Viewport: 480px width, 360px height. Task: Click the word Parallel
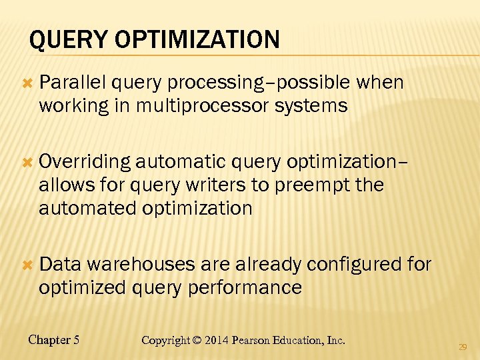(x=73, y=83)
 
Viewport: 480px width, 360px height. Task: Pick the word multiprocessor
(x=222, y=106)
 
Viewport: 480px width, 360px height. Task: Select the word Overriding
(x=85, y=161)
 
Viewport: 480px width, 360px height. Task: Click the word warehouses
(x=141, y=265)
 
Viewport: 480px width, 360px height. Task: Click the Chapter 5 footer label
(x=54, y=340)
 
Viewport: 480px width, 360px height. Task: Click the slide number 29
(x=463, y=347)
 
